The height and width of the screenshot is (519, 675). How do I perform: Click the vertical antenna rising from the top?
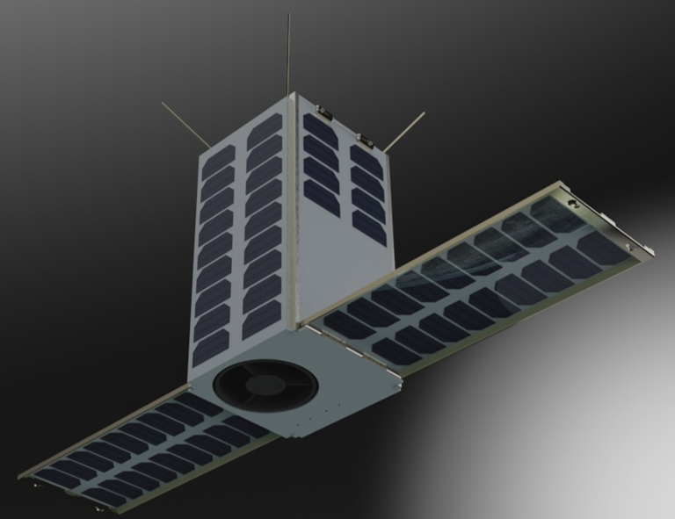click(x=288, y=53)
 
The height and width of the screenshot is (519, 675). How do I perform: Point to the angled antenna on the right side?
click(x=403, y=131)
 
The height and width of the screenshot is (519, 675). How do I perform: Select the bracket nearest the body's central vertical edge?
click(x=322, y=112)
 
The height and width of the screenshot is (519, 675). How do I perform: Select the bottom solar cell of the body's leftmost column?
click(x=211, y=351)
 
